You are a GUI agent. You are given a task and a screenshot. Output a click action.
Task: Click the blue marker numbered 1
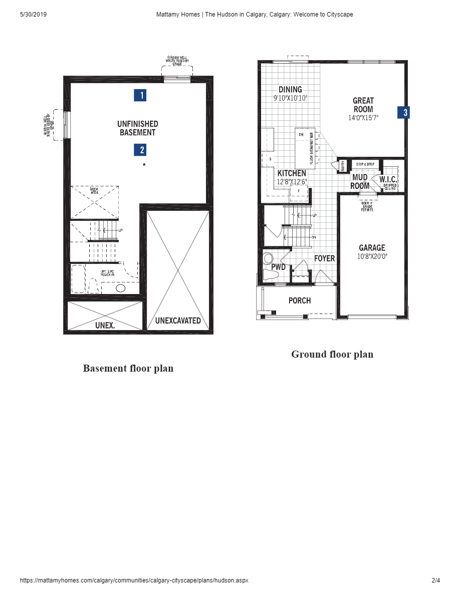140,95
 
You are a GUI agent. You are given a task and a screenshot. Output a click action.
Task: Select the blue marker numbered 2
140,150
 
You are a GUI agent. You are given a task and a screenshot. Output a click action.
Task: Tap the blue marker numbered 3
403,113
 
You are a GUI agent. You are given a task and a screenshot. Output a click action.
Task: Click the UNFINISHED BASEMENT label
138,128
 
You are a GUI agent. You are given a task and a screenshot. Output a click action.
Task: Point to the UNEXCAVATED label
178,321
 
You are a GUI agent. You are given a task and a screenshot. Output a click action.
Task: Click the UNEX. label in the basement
105,325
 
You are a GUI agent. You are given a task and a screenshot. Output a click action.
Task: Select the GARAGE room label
372,248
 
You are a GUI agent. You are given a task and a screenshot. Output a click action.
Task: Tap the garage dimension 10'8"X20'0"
372,256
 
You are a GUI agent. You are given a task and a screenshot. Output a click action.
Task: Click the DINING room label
290,90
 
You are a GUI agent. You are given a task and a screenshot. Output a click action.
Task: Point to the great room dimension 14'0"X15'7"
363,118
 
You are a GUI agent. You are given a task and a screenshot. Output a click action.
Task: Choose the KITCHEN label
292,173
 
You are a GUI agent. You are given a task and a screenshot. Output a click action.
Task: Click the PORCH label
300,301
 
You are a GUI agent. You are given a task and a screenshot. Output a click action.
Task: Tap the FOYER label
324,258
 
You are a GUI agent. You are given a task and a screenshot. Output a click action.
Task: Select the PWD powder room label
279,267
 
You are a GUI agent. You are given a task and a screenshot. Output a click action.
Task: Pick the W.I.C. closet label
388,179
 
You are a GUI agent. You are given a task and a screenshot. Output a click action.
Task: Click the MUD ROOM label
360,181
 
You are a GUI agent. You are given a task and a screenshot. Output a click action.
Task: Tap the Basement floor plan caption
128,369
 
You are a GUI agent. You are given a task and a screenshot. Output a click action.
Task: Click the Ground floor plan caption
332,355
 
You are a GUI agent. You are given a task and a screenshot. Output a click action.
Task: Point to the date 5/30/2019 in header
33,15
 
